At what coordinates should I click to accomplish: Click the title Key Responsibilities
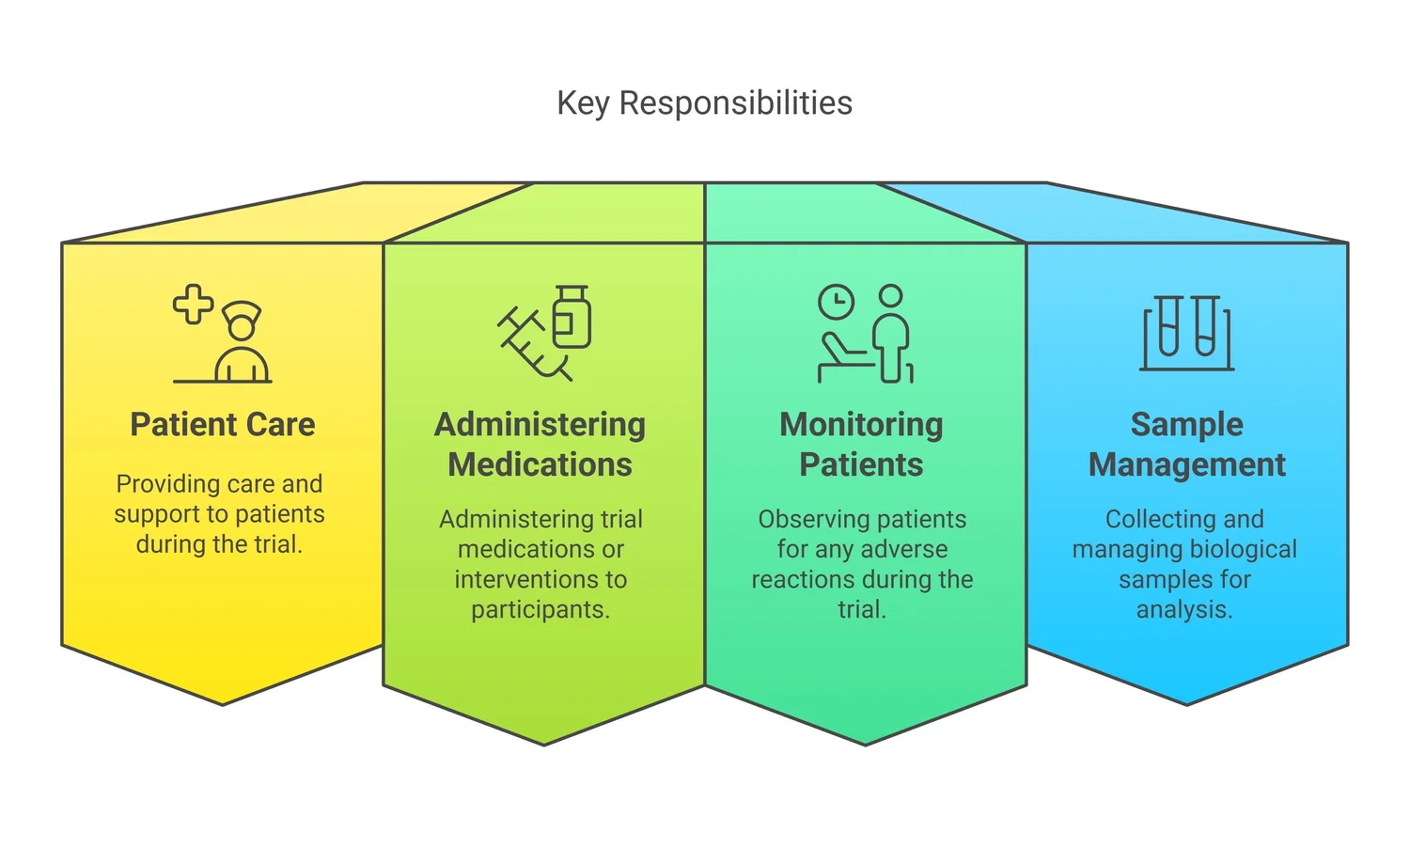(x=704, y=102)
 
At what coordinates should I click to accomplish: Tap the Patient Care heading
(x=223, y=424)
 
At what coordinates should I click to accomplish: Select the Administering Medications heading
(x=540, y=444)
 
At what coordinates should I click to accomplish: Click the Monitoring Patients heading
(x=861, y=444)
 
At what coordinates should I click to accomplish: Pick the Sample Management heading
(x=1186, y=444)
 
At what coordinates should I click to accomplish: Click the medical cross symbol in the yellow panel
(x=193, y=305)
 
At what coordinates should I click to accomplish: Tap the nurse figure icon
(x=242, y=343)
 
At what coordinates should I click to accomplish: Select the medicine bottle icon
(x=571, y=317)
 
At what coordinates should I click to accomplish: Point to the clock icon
(x=836, y=303)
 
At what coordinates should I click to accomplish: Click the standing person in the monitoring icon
(x=892, y=334)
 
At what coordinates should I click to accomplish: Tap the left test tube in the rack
(x=1168, y=325)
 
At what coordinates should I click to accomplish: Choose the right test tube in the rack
(x=1206, y=325)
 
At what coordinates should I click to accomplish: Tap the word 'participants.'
(x=540, y=609)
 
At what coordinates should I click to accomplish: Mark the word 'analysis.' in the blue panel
(x=1184, y=609)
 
